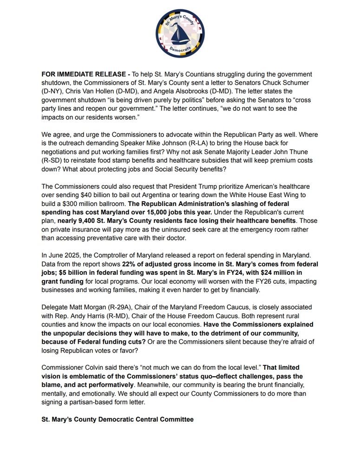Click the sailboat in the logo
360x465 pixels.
180,35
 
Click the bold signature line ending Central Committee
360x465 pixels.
118,419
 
